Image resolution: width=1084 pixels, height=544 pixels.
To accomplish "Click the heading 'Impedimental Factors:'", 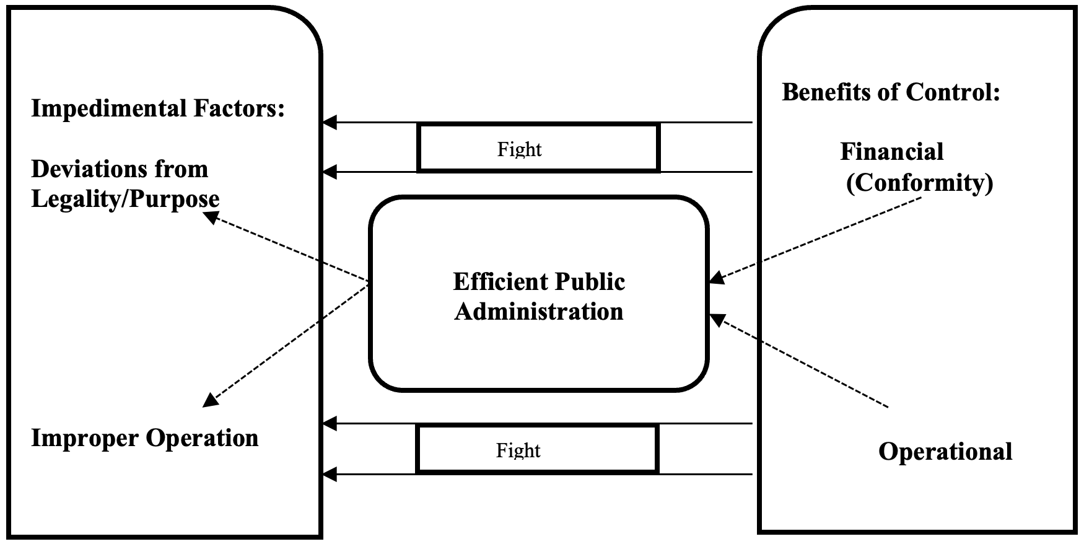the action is tap(158, 108).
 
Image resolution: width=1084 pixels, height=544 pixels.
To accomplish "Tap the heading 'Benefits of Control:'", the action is tap(891, 92).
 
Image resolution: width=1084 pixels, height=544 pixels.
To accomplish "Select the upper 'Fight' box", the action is tap(538, 147).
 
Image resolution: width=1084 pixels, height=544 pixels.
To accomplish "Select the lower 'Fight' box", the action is tap(538, 449).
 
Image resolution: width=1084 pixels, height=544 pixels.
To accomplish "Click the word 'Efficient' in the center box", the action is tap(500, 282).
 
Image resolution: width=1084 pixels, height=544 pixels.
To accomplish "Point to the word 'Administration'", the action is tap(539, 311).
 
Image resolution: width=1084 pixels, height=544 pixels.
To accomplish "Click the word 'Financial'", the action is tap(892, 152).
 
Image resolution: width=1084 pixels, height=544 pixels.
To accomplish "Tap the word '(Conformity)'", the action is tap(920, 183).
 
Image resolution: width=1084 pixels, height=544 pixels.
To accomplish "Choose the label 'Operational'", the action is tap(945, 452).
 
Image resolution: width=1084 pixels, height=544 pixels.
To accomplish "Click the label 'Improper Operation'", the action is tap(145, 438).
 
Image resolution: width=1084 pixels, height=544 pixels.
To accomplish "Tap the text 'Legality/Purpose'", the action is tap(125, 199).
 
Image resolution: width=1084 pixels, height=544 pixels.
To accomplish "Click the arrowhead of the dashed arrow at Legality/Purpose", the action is tap(212, 217).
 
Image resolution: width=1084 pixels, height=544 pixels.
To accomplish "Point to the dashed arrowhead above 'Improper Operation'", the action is tap(211, 400).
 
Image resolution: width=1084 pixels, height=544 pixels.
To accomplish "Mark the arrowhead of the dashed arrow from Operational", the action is tap(717, 320).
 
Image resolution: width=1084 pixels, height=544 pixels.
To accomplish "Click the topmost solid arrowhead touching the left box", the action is tap(330, 123).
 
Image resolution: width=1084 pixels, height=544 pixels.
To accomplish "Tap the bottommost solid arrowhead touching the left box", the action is tap(330, 475).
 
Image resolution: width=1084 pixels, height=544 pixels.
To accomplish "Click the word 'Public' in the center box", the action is tap(590, 282).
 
